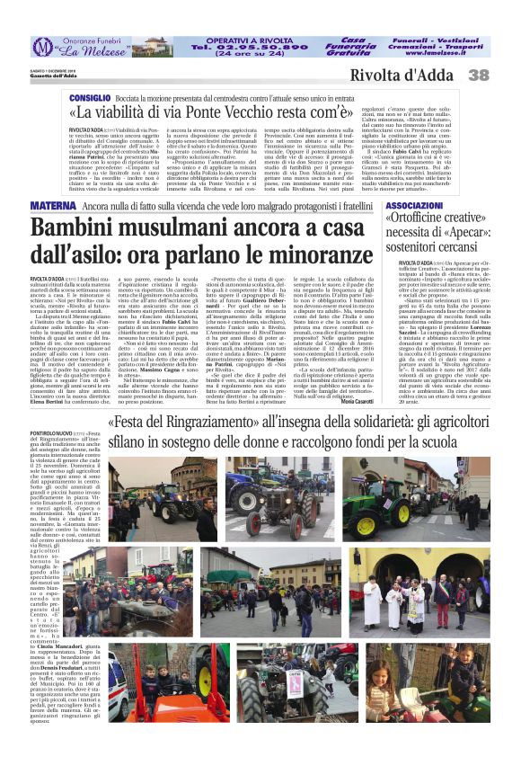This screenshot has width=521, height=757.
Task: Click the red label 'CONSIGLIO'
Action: pyautogui.click(x=90, y=96)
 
